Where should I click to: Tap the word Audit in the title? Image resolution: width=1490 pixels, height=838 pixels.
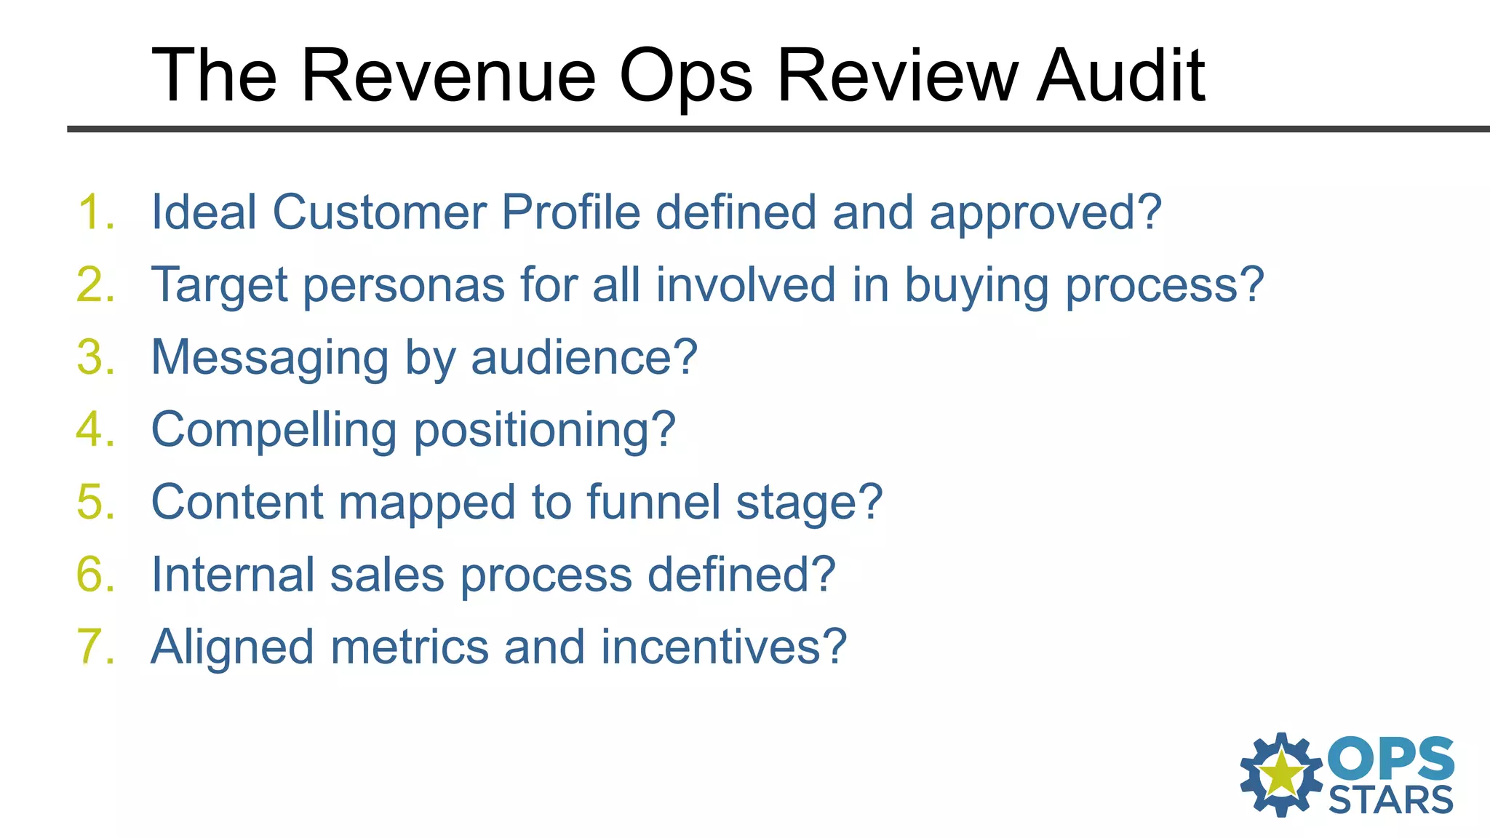(x=1120, y=75)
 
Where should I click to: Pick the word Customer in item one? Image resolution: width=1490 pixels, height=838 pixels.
(x=379, y=212)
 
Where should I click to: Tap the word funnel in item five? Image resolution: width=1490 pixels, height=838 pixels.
(x=653, y=502)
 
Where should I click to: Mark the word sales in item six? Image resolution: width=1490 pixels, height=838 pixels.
(x=386, y=575)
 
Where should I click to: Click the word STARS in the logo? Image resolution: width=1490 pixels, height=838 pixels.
(x=1390, y=800)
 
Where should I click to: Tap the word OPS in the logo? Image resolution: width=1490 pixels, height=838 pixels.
(x=1390, y=759)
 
